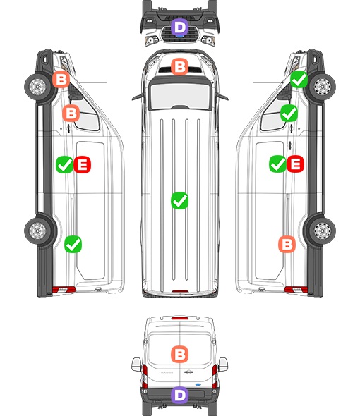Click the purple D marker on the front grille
[x=180, y=27]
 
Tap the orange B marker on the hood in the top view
[x=180, y=66]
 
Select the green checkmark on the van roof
[x=180, y=200]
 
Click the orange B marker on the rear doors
[x=180, y=354]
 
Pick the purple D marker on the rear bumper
[x=180, y=396]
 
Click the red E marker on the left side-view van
[x=83, y=164]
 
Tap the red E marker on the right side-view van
[x=295, y=164]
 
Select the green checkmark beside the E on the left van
[x=64, y=164]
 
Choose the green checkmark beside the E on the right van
[x=277, y=164]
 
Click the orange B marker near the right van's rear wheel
[x=287, y=244]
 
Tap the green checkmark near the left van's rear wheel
[x=73, y=244]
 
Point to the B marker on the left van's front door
[x=71, y=113]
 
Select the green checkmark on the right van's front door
[x=289, y=113]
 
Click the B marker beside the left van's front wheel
[x=61, y=80]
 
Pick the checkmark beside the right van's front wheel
[x=299, y=80]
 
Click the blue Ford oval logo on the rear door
[x=198, y=384]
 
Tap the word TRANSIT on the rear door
[x=166, y=372]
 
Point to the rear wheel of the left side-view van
[x=37, y=231]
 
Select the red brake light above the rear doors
[x=180, y=318]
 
